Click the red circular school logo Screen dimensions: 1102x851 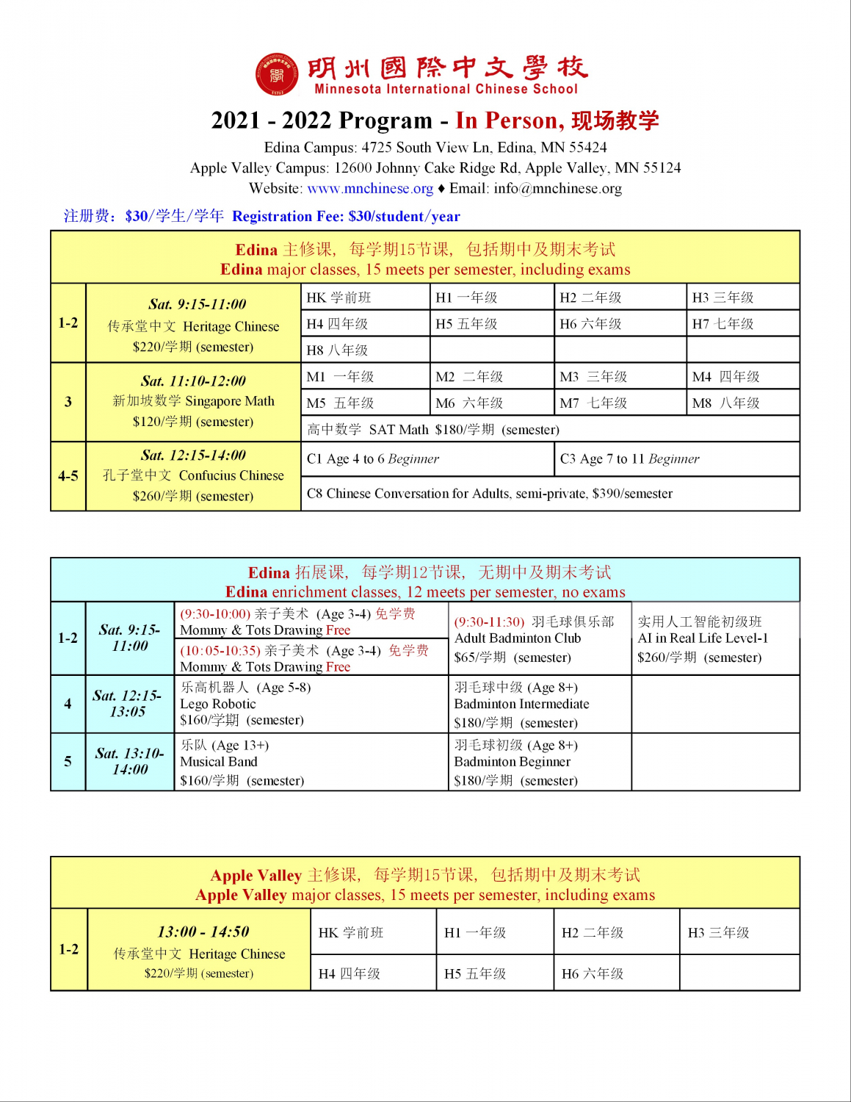[277, 74]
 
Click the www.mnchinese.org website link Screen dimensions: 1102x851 [370, 188]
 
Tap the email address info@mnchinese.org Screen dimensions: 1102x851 [557, 188]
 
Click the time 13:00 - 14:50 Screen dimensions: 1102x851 [203, 932]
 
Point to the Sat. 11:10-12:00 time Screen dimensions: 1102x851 [193, 381]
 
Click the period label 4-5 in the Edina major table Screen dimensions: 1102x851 [68, 476]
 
